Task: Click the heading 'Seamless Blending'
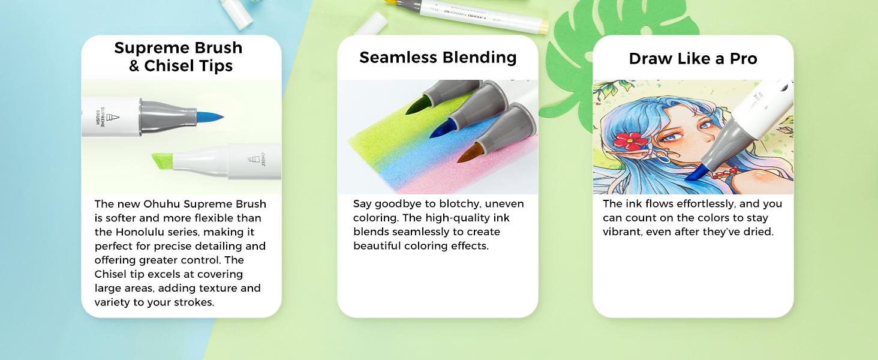438,58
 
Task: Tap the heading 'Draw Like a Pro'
693,59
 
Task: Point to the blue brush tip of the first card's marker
210,116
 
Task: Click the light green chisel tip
163,161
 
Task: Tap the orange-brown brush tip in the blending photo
469,154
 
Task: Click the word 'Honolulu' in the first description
140,232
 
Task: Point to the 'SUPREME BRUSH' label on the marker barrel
100,116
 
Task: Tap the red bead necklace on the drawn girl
725,173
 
